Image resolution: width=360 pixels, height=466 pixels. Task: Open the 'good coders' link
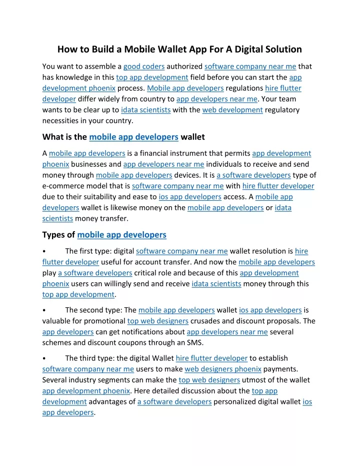pos(144,66)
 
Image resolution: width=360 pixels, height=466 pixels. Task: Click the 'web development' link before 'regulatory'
pos(232,110)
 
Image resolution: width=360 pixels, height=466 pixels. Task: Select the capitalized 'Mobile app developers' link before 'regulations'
pos(185,88)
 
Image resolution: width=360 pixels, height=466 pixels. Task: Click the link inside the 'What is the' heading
pos(133,137)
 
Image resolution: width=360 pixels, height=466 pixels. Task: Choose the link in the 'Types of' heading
pos(122,234)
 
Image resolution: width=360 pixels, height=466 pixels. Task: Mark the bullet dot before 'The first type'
pos(45,251)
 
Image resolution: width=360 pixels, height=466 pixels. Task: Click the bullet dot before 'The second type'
pos(45,310)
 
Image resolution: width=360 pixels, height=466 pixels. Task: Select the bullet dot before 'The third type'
pos(45,358)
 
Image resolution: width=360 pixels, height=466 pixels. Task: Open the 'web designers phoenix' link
pos(223,369)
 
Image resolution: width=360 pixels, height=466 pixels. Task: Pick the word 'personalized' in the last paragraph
pos(235,401)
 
